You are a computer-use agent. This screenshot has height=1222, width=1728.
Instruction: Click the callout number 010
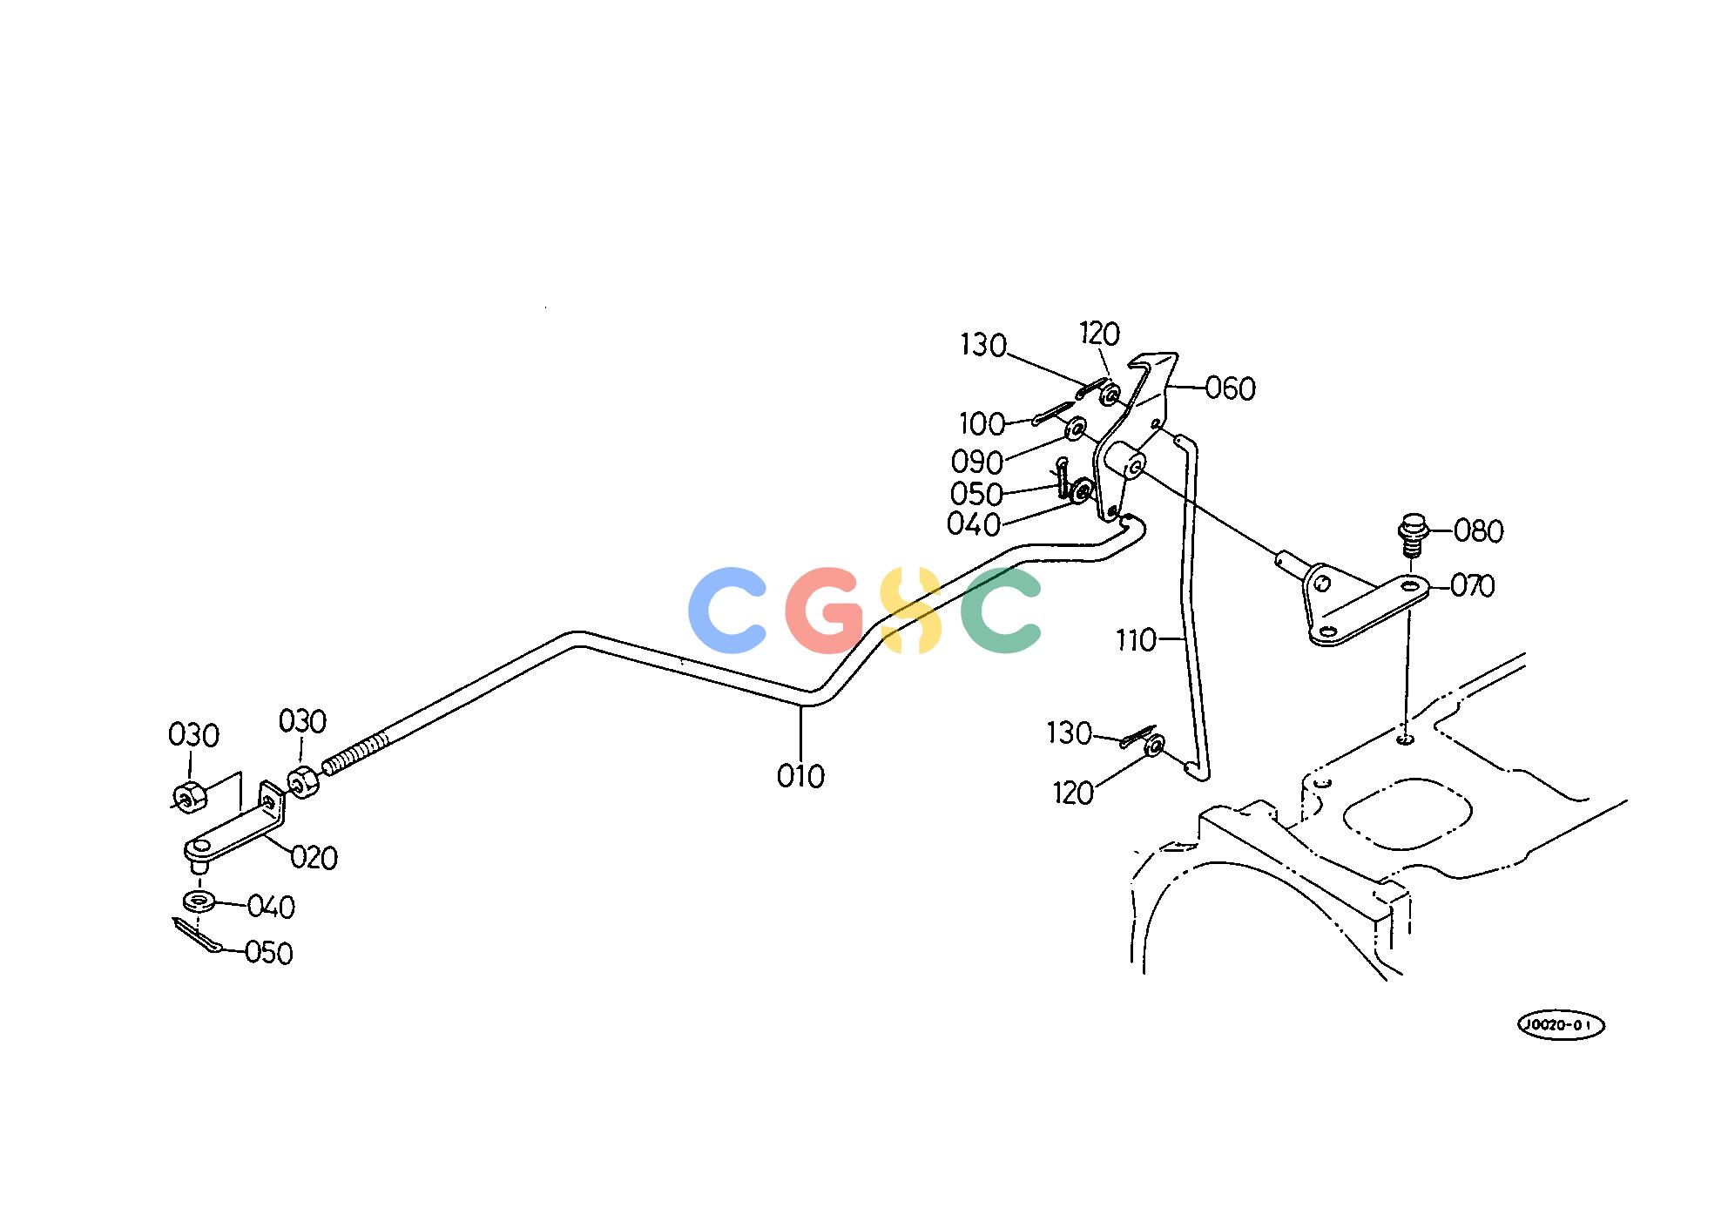tap(800, 776)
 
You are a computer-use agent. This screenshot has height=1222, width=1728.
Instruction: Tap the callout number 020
tap(314, 858)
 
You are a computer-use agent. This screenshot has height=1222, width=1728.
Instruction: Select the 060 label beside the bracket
tap(1230, 388)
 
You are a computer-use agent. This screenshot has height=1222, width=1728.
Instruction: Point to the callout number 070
tap(1472, 586)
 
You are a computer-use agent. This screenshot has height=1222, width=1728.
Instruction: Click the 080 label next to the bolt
tap(1479, 530)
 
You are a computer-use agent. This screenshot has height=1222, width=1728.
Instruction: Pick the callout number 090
tap(977, 462)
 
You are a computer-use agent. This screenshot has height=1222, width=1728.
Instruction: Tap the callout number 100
tap(982, 424)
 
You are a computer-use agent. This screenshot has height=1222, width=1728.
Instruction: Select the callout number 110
tap(1136, 641)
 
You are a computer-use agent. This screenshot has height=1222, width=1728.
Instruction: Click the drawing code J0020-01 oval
tap(1561, 1025)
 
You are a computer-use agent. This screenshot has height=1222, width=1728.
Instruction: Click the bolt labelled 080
tap(1413, 536)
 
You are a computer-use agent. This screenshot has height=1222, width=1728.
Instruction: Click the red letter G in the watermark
tap(825, 610)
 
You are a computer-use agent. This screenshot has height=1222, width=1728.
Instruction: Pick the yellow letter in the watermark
tap(910, 610)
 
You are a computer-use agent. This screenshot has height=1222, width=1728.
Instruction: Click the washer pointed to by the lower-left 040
tap(199, 900)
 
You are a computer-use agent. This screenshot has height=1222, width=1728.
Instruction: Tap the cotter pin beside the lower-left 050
tap(197, 935)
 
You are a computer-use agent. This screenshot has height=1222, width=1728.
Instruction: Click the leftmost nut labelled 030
tap(188, 796)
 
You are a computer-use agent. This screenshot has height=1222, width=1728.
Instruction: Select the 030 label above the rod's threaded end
tap(302, 722)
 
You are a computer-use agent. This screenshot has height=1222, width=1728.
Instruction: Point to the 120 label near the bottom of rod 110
tap(1073, 793)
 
